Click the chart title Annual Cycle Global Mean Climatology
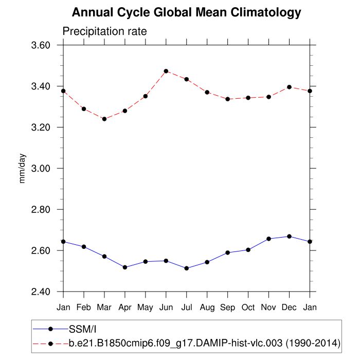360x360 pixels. [186, 12]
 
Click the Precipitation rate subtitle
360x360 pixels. [104, 31]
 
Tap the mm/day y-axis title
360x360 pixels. [23, 169]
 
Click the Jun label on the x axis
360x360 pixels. [166, 308]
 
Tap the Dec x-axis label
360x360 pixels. [289, 308]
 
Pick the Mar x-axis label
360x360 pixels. [104, 308]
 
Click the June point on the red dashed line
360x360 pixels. [166, 71]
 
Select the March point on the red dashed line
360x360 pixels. [104, 119]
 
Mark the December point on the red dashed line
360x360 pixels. [289, 87]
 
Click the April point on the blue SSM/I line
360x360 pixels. [125, 267]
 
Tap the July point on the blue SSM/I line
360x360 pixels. [187, 268]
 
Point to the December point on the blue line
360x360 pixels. [289, 237]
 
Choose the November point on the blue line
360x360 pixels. [268, 239]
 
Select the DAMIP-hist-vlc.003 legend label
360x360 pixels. [204, 341]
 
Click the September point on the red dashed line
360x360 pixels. [228, 99]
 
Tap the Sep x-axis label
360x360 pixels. [228, 308]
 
